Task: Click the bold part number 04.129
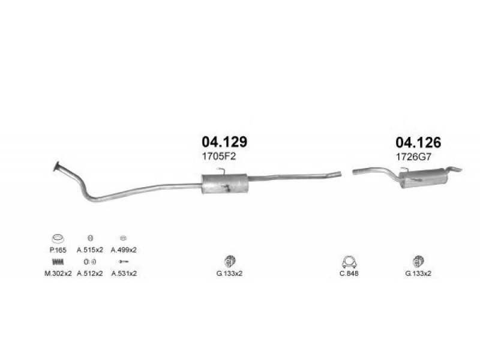point(224,142)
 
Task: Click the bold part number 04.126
point(418,143)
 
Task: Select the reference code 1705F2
point(219,157)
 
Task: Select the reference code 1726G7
point(413,157)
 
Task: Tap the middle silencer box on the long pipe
point(224,184)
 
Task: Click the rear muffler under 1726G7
point(423,179)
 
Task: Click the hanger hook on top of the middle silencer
point(221,170)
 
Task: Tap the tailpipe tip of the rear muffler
point(455,169)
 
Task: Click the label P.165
point(58,250)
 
